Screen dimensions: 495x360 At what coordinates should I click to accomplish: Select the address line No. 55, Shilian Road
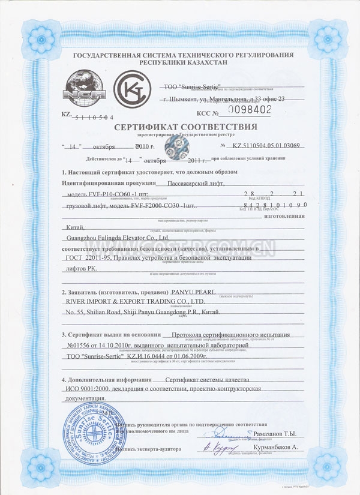pos(102,313)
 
